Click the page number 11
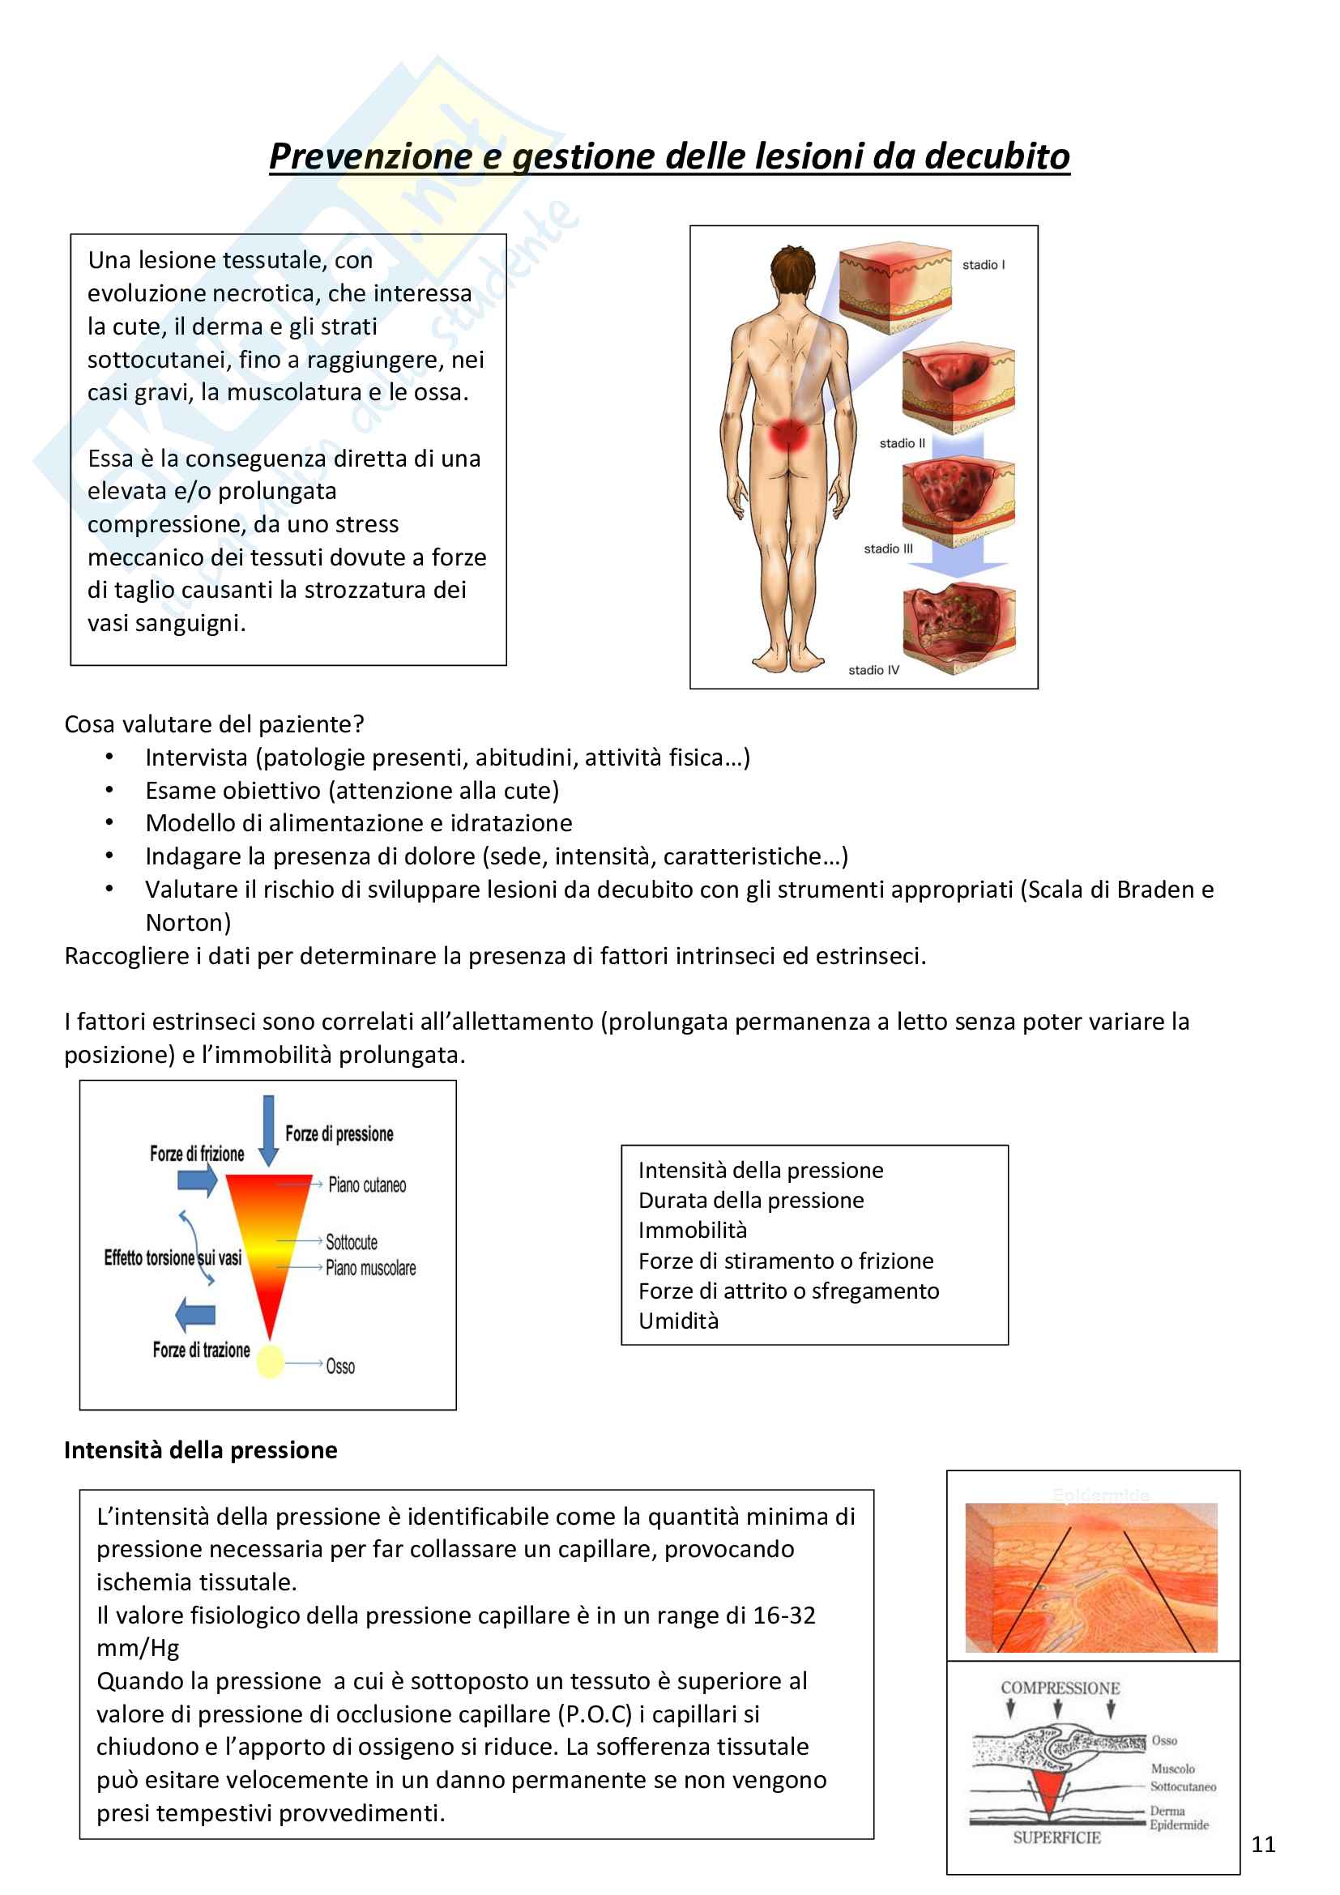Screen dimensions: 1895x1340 coord(1262,1844)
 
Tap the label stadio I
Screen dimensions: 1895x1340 coord(983,265)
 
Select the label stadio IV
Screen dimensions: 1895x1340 coord(873,670)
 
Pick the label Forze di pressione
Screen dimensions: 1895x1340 coord(339,1134)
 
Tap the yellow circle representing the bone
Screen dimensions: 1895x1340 coord(270,1361)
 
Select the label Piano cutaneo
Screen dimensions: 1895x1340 coord(367,1185)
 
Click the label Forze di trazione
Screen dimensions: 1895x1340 coord(202,1351)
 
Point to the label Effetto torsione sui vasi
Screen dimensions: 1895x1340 coord(173,1258)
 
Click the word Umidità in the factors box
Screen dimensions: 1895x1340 coord(678,1321)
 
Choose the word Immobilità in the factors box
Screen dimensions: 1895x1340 coord(692,1231)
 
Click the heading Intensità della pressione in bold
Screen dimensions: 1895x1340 coord(200,1450)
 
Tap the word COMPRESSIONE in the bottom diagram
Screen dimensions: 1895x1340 coord(1060,1688)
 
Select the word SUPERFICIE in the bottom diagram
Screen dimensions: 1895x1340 coord(1057,1838)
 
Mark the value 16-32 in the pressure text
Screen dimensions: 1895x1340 coord(784,1615)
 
